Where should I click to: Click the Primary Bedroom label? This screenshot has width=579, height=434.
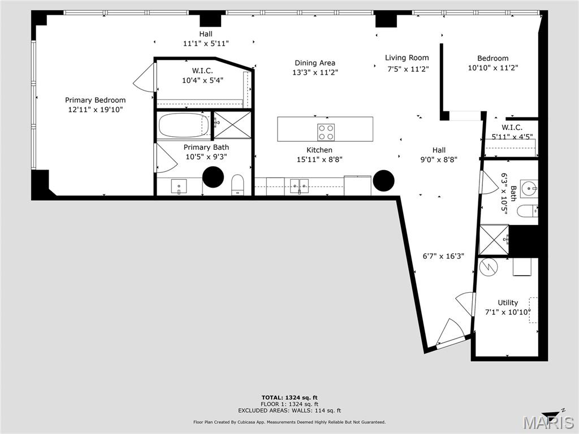[x=95, y=100]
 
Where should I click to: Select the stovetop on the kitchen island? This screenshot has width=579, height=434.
[x=326, y=132]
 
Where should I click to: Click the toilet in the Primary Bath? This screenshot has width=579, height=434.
[x=237, y=184]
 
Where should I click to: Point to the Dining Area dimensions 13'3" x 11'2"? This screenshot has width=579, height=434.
[x=315, y=72]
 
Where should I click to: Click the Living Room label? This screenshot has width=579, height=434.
[x=407, y=58]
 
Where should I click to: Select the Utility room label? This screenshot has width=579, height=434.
[x=508, y=302]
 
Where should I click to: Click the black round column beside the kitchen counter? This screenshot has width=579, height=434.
[x=383, y=180]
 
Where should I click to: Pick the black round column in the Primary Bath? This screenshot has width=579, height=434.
[x=213, y=177]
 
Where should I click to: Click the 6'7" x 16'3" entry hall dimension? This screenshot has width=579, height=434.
[x=444, y=255]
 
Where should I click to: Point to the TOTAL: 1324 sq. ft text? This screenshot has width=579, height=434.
[x=293, y=397]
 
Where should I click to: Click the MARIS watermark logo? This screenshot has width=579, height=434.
[x=548, y=422]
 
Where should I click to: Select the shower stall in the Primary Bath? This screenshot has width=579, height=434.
[x=232, y=125]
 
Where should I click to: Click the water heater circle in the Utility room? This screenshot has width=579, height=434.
[x=487, y=267]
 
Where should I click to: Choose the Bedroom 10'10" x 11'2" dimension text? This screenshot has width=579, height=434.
[x=492, y=67]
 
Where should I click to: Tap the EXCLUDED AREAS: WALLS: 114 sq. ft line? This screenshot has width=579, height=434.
[x=293, y=411]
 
